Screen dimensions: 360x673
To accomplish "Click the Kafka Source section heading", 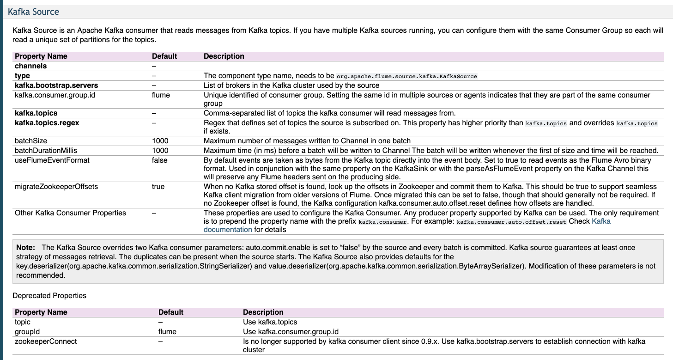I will tap(33, 12).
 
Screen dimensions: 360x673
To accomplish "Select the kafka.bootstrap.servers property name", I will tap(56, 85).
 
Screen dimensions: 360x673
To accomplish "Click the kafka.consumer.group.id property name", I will tap(55, 95).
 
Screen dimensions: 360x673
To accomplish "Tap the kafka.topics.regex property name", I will tap(47, 123).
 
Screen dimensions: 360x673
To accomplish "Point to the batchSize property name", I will tap(31, 141).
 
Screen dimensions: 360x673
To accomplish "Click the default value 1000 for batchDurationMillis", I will tap(160, 151).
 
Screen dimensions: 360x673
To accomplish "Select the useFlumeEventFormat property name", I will tap(52, 160).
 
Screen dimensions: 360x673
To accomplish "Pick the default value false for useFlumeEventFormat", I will tap(160, 160).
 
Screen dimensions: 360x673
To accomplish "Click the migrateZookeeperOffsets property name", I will tap(56, 187).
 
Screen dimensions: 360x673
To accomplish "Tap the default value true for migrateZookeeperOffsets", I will tap(158, 187).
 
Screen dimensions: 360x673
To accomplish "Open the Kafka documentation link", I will tap(600, 221).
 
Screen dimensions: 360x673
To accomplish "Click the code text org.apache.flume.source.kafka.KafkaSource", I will tap(406, 76).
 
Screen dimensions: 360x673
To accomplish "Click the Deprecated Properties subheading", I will tap(49, 296).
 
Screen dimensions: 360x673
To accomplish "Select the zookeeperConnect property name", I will tap(46, 342).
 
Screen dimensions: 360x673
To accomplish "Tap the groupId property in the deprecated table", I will tap(29, 332).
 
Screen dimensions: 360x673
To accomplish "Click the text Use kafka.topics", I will tap(270, 322).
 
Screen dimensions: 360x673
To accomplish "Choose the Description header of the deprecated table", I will tap(263, 312).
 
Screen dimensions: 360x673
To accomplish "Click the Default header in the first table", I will tap(164, 56).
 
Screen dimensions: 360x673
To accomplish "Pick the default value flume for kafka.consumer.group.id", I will tap(161, 95).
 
